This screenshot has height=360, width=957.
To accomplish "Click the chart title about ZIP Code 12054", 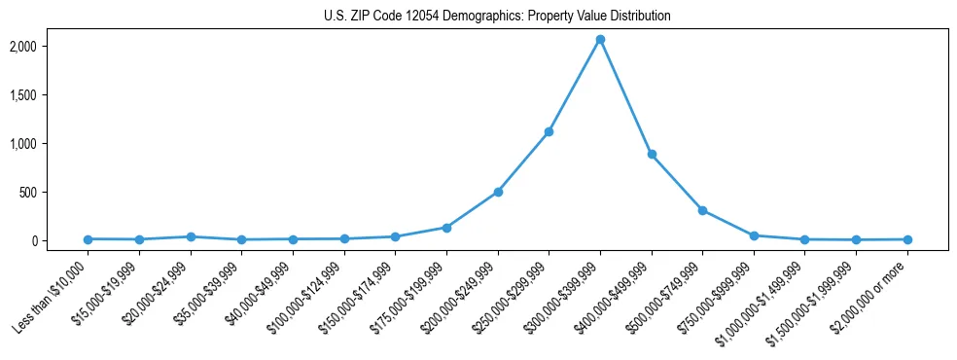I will (x=497, y=17).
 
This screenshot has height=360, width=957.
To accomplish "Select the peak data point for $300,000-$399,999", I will (x=600, y=40).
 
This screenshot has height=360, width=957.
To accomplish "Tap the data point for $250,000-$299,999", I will (x=549, y=131).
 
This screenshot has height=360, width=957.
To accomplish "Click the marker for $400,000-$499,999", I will (x=652, y=154).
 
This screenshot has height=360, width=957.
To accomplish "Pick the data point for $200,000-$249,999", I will (x=498, y=192).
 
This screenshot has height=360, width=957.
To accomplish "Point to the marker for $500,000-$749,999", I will (x=702, y=210).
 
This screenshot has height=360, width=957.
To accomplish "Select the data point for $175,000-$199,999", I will (x=446, y=228).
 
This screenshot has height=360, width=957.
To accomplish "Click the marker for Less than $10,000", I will (x=89, y=239).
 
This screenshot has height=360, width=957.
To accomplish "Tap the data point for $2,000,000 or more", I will (x=906, y=239).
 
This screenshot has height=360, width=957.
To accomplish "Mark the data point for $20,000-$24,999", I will (x=191, y=236).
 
